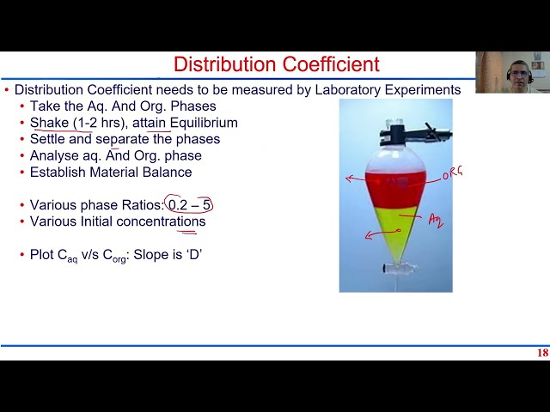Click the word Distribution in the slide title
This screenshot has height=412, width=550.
click(224, 64)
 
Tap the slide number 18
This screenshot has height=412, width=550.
click(541, 353)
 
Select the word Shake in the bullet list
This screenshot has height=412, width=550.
click(49, 123)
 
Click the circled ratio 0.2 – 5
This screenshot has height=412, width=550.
click(189, 205)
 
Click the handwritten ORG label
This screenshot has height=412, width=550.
click(452, 173)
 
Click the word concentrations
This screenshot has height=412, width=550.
click(161, 221)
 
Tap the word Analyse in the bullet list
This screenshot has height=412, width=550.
click(54, 155)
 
